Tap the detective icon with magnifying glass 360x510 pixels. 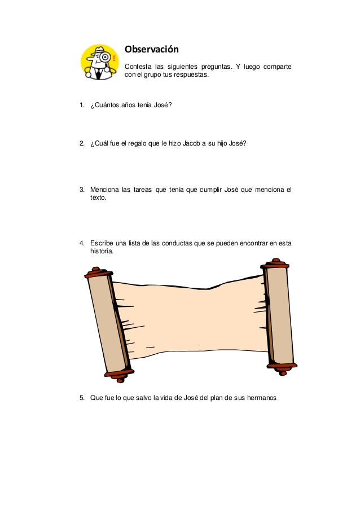click(100, 61)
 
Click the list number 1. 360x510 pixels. click(82, 105)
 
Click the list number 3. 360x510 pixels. click(82, 190)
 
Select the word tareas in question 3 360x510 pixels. click(144, 190)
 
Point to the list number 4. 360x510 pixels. click(82, 244)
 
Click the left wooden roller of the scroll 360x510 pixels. click(107, 324)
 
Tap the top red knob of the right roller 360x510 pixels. click(276, 263)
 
